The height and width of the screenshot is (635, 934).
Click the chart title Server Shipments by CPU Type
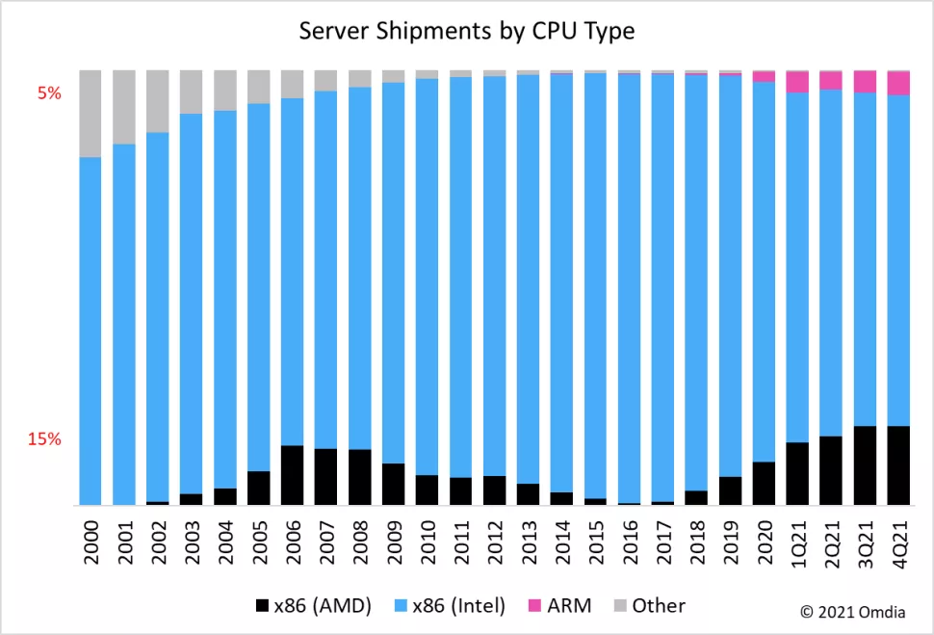point(466,31)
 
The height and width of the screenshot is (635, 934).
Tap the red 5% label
point(49,93)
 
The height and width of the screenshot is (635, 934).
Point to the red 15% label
point(44,439)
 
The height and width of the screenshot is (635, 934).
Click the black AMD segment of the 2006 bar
point(293,475)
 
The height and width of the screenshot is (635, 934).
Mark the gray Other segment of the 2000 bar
point(91,113)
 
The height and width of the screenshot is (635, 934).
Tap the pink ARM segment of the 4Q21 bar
point(898,84)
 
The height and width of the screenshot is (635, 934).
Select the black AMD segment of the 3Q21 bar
point(865,465)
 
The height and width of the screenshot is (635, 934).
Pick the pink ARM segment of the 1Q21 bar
point(797,83)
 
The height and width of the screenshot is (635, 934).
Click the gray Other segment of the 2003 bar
point(192,92)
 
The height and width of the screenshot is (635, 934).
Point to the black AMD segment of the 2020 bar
point(764,484)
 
